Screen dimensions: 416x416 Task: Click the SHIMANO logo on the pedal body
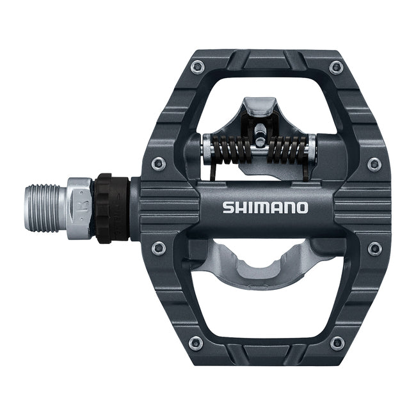click(x=265, y=208)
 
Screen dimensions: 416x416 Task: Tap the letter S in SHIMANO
click(x=227, y=208)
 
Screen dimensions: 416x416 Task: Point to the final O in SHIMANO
click(x=302, y=208)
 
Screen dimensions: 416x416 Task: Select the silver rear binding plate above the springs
click(x=259, y=109)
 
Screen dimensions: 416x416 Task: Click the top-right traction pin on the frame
click(x=335, y=68)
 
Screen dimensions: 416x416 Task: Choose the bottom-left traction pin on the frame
click(x=196, y=342)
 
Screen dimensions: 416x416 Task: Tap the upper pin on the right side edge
click(x=374, y=164)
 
